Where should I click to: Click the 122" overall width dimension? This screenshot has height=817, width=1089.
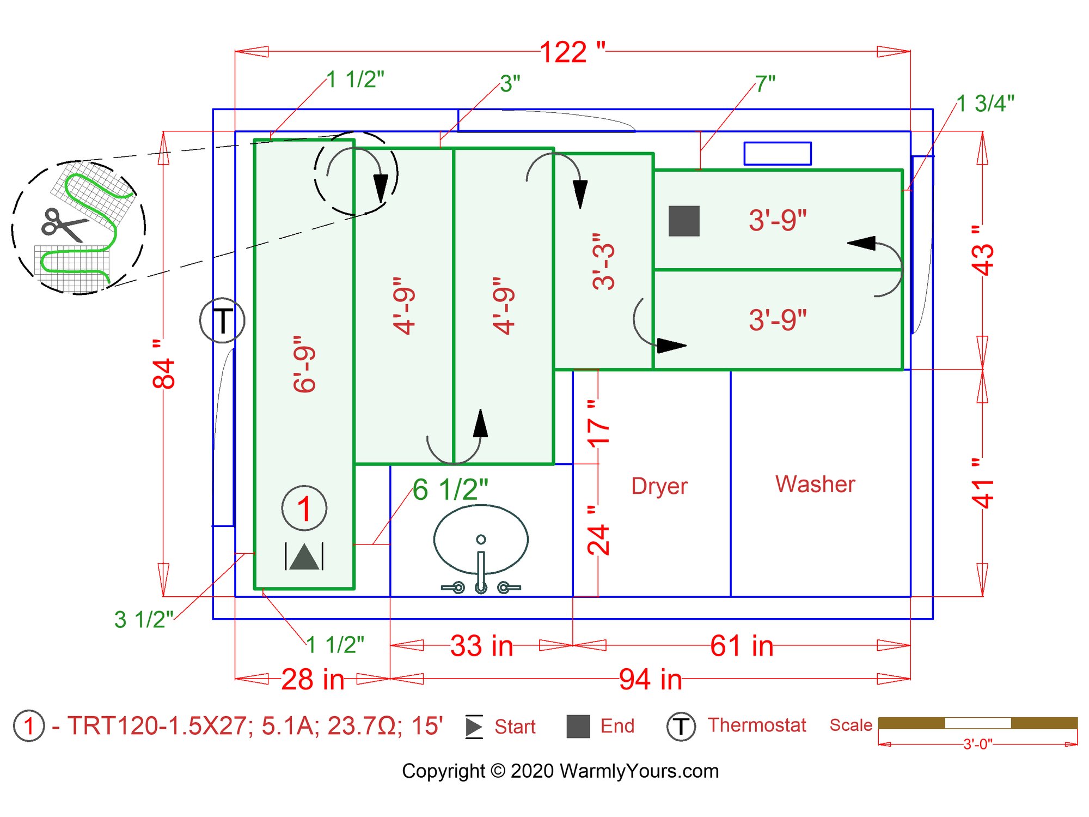pos(572,52)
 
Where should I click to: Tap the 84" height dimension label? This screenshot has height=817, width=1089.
pos(164,365)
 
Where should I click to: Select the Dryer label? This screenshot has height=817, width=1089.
pos(659,486)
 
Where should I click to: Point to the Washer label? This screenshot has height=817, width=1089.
pos(815,484)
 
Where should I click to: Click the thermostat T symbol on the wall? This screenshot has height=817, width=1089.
pos(222,320)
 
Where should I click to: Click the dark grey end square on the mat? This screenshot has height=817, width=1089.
pos(684,221)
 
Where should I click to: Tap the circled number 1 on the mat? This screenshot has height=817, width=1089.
pos(304,509)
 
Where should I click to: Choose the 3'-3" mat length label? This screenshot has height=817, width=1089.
pos(604,261)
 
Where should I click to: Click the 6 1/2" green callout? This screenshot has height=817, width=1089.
pos(450,489)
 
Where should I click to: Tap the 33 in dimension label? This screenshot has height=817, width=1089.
pos(482,646)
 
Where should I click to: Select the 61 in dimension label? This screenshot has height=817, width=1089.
pos(742,646)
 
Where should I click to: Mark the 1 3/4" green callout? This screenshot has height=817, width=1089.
pos(986,104)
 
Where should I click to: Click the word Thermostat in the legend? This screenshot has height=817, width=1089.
pos(757,725)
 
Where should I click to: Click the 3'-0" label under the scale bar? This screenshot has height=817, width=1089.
pos(978,745)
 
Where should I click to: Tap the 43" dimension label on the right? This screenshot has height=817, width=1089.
pos(983,251)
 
